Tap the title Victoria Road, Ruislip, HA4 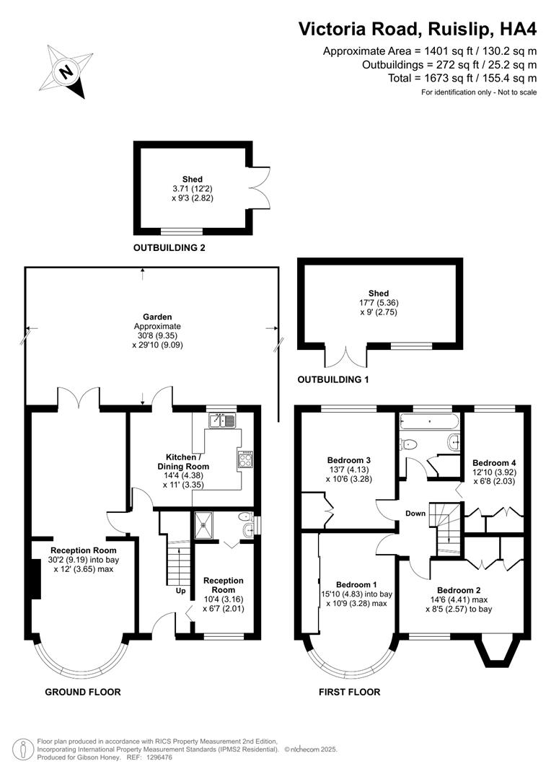click(418, 29)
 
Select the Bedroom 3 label click(348, 460)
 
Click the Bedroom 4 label click(494, 462)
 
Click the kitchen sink click(222, 419)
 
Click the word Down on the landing click(415, 514)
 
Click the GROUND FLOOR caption click(83, 692)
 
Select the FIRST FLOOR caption click(349, 692)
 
